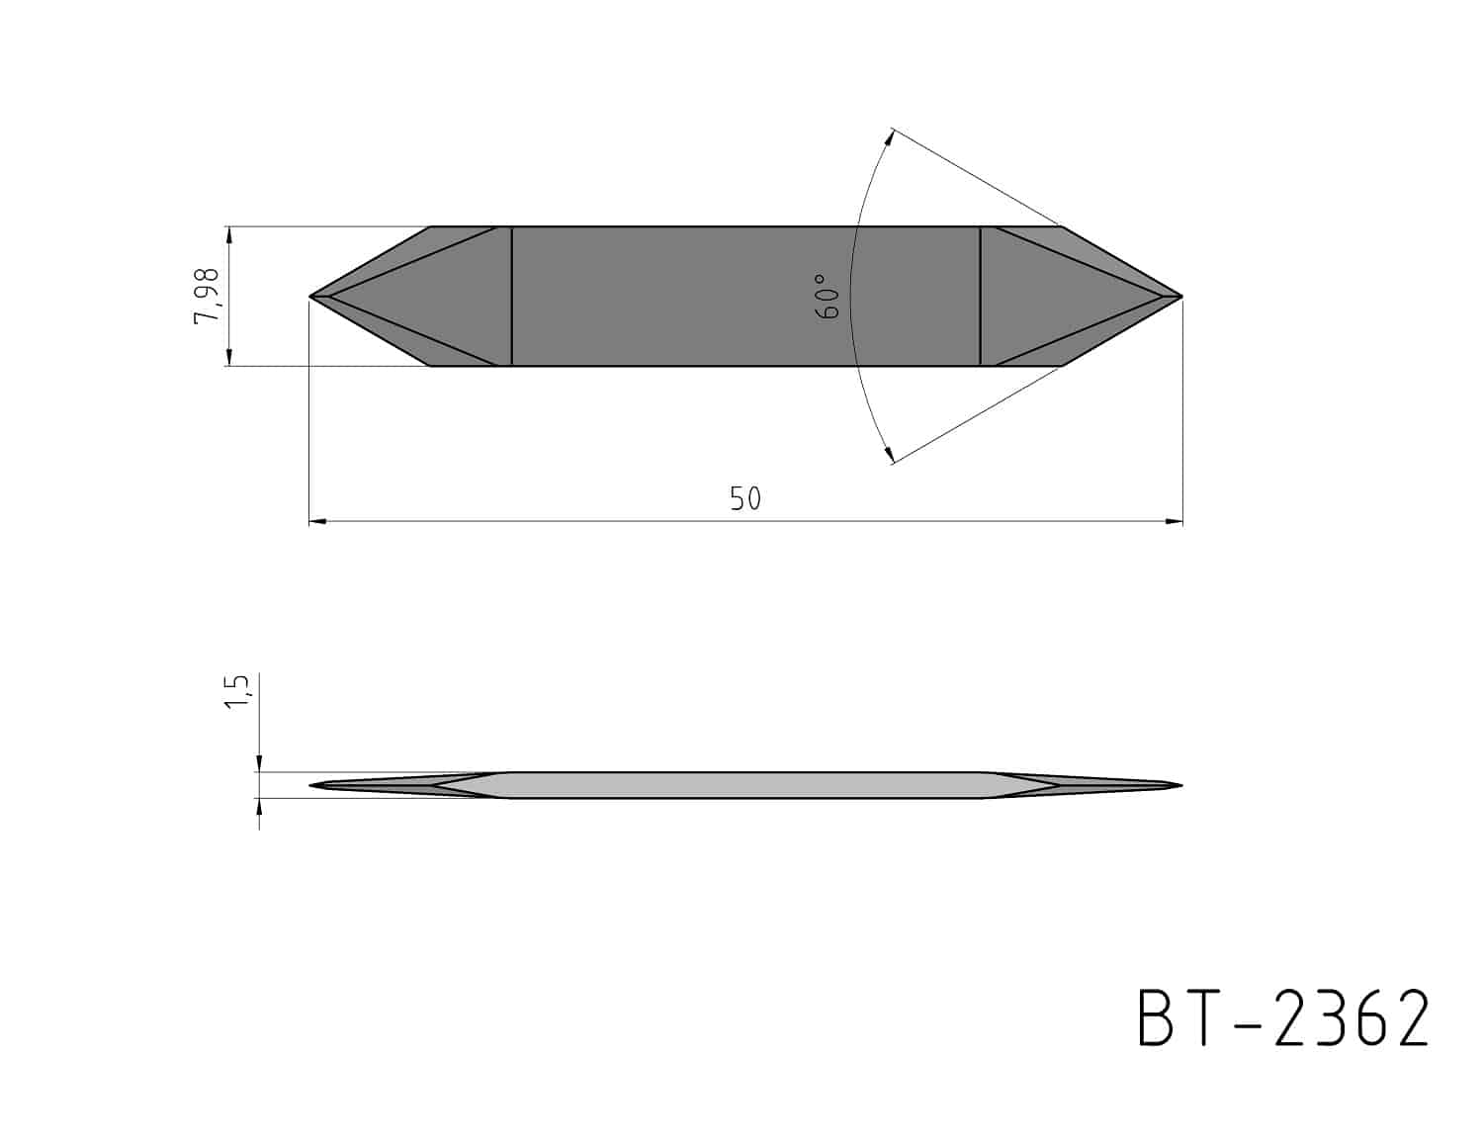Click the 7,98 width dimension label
click(x=207, y=295)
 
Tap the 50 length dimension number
click(x=744, y=499)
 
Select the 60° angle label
click(x=828, y=297)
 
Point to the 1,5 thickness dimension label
click(x=237, y=691)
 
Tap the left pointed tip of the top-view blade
click(x=309, y=297)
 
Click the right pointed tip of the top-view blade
click(x=1182, y=297)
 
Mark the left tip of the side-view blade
click(x=310, y=785)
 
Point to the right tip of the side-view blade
click(x=1181, y=785)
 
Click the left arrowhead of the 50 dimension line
click(x=317, y=522)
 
